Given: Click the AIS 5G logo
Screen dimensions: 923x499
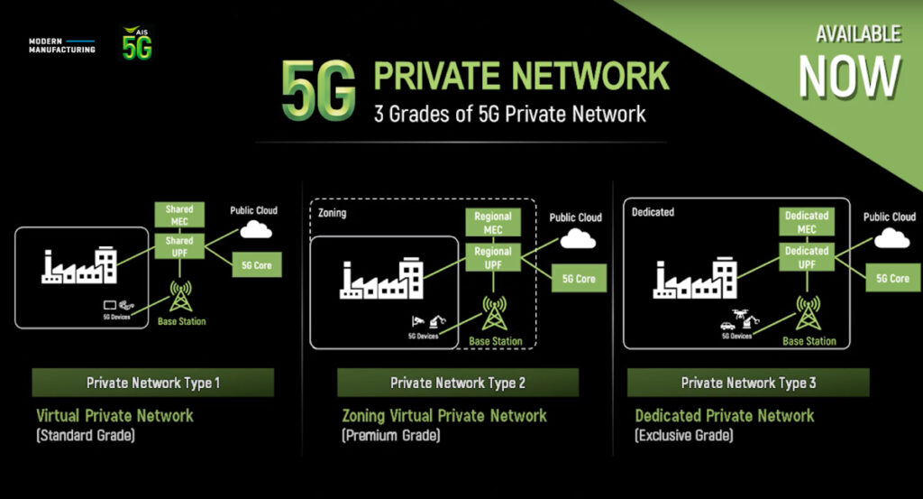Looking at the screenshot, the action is tap(137, 43).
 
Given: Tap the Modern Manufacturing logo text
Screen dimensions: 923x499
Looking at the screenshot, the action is tap(62, 45).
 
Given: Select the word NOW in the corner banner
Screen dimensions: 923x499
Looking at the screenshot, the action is tap(849, 77).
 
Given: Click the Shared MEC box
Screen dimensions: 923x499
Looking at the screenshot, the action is tap(179, 215).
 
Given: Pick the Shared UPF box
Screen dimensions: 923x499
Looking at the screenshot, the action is tap(179, 246).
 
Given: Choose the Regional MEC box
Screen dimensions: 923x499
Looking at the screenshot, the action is tap(493, 223).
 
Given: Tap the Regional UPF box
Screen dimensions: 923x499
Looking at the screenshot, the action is tap(493, 257).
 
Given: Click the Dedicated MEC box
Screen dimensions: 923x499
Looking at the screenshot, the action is tap(807, 222).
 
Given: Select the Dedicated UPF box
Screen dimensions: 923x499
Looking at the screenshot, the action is tap(807, 257).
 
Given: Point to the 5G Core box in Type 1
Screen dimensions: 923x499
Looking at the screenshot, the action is tap(257, 265).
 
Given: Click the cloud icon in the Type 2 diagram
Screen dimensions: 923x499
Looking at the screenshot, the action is tap(578, 238).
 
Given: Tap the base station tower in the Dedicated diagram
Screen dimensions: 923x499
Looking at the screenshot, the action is tap(808, 313).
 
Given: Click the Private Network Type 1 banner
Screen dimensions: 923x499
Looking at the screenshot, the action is tap(153, 383).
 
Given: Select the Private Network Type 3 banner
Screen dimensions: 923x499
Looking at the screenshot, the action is tap(748, 383).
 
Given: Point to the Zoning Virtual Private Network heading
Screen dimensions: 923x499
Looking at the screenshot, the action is tap(444, 416).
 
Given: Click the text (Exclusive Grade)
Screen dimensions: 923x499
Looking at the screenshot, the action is tap(684, 435).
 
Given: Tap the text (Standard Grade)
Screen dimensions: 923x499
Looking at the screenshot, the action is tap(86, 435).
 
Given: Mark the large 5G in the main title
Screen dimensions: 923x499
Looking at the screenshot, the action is tap(318, 90).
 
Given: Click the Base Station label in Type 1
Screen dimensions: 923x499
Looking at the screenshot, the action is tap(181, 321).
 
